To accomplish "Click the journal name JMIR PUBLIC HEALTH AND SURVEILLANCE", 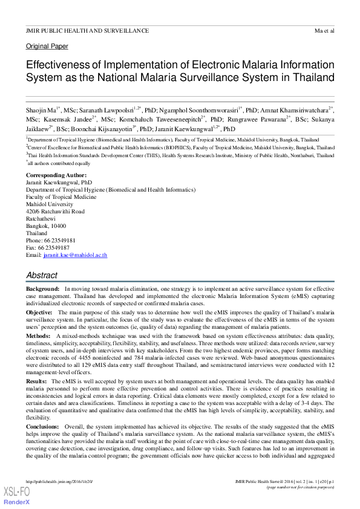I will (x=87, y=30).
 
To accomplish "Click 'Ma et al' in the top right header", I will (x=324, y=30).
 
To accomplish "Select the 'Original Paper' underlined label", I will (x=47, y=47).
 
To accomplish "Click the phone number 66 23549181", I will (x=59, y=240).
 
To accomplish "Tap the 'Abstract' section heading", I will (x=42, y=275).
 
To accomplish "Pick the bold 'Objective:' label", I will (x=39, y=311).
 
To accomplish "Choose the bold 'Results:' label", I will (x=36, y=382).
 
